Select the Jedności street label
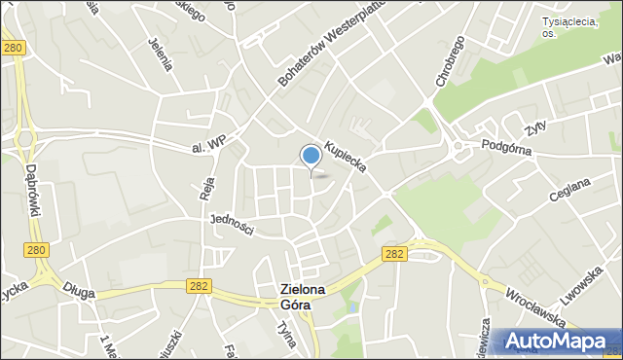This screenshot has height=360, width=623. click(232, 225)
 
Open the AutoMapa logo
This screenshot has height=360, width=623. click(557, 340)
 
